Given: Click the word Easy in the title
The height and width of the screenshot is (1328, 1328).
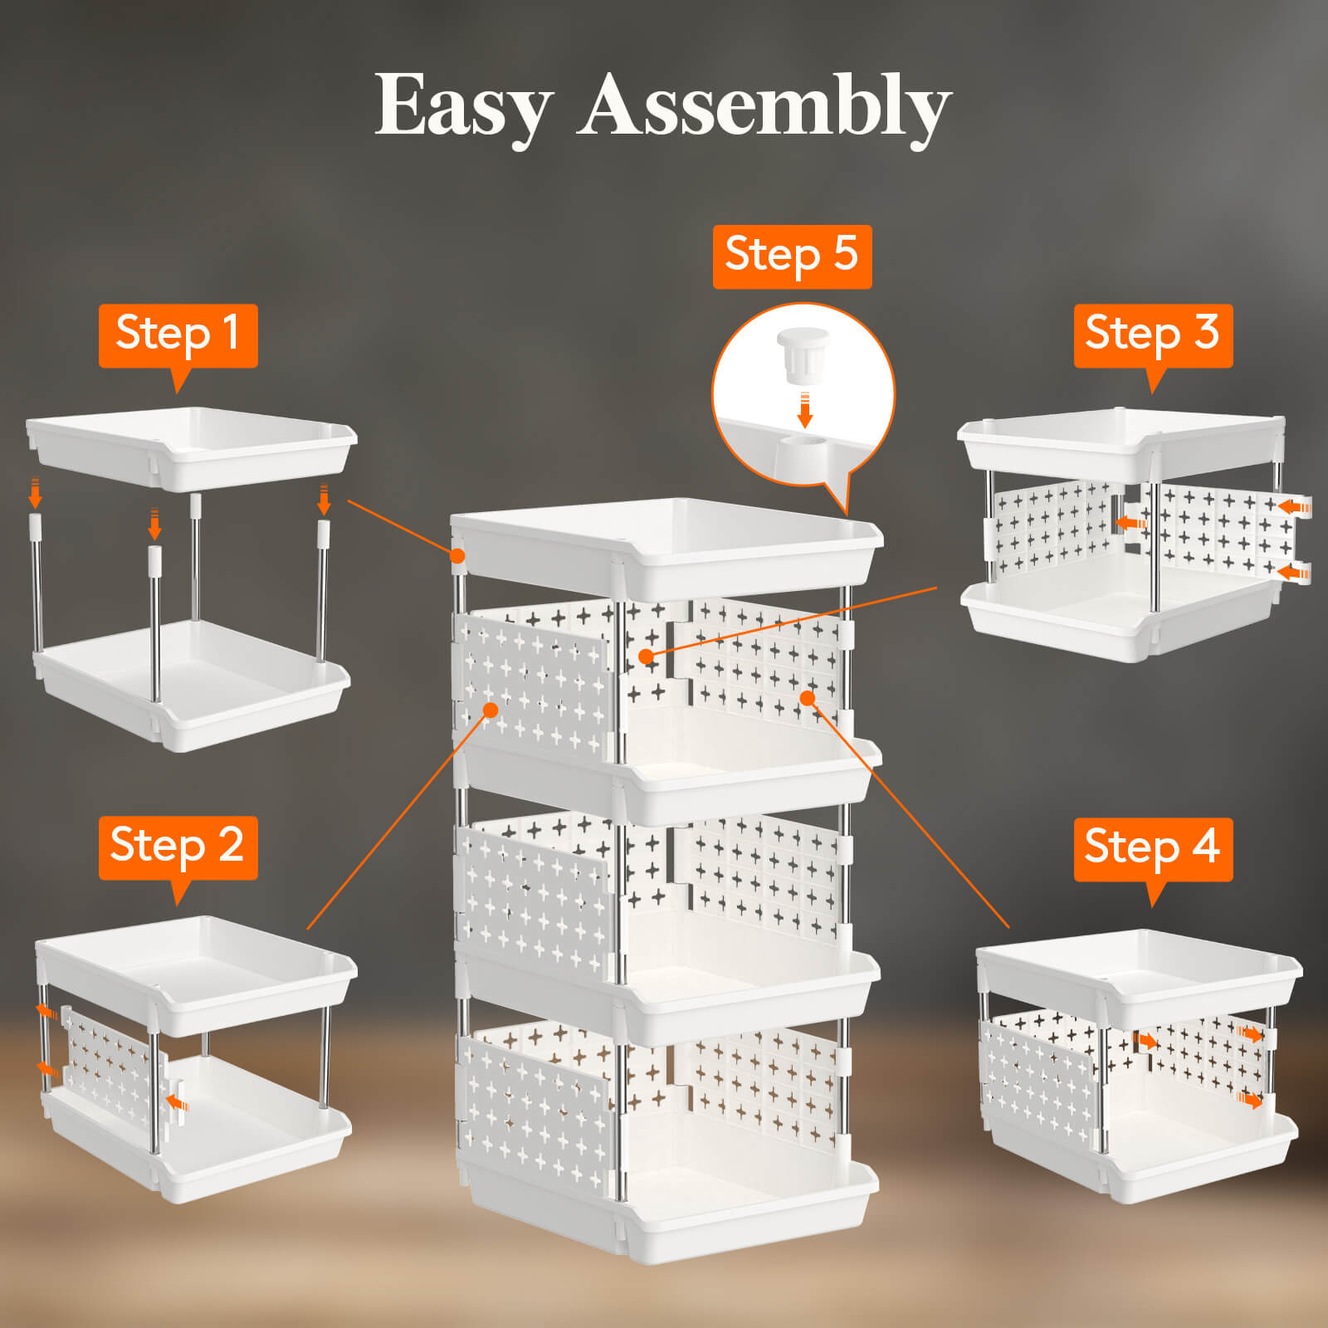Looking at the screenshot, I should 463,106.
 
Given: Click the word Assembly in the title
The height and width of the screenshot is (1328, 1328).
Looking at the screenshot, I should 764,106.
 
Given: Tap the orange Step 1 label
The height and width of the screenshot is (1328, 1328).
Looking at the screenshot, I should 178,334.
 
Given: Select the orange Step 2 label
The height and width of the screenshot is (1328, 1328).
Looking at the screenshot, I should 178,846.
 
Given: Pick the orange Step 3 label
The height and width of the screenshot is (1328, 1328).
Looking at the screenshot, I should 1152,334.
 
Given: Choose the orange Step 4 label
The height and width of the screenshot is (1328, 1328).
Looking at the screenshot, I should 1152,847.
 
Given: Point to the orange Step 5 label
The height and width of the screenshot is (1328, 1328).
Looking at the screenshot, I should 792,255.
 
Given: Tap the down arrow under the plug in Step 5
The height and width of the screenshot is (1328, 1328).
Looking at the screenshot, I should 803,412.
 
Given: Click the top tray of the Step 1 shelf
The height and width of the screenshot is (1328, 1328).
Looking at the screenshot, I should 191,452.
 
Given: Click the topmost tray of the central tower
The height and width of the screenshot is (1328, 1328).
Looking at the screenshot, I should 664,548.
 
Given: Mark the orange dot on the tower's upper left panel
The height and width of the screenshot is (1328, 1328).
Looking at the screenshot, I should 491,710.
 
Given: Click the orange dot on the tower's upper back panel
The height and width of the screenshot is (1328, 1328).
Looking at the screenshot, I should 647,657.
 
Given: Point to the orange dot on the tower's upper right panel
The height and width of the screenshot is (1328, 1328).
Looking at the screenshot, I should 807,697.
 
